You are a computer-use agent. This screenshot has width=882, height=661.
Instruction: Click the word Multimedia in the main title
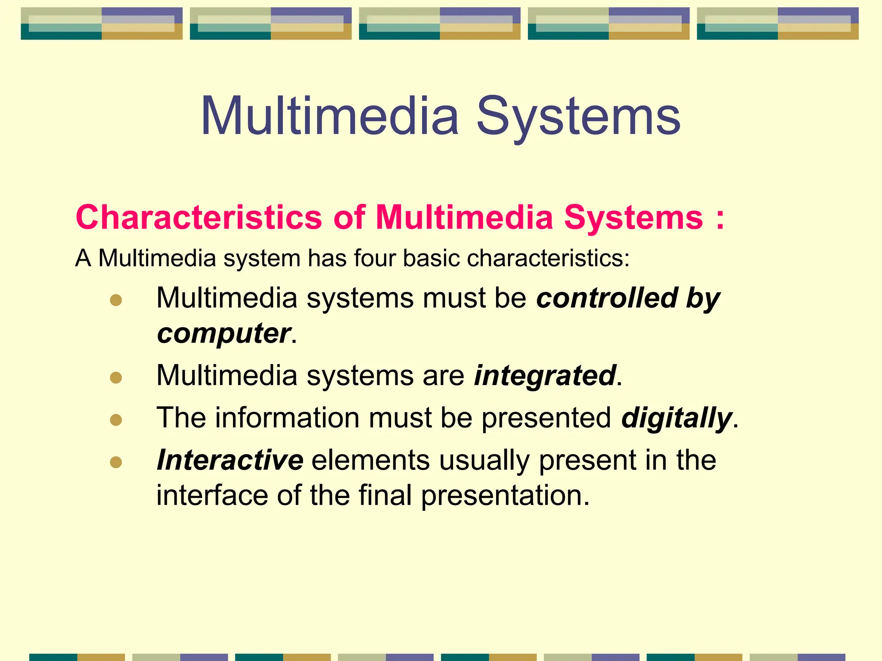tap(329, 116)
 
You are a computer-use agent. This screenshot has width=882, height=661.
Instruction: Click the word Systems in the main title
tap(578, 116)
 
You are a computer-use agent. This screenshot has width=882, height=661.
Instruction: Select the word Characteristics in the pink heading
tap(199, 217)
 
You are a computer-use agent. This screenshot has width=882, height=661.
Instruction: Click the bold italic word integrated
tap(545, 375)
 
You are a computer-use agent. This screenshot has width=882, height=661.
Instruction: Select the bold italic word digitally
tap(677, 417)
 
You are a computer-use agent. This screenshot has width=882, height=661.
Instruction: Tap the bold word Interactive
tap(230, 460)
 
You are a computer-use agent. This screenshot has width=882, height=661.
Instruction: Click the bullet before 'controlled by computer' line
tap(116, 300)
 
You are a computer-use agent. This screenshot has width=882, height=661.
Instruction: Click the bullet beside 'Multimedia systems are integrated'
tap(116, 378)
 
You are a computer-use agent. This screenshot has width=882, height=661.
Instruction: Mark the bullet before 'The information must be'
tap(116, 420)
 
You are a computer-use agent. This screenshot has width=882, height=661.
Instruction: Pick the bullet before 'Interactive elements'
tap(116, 462)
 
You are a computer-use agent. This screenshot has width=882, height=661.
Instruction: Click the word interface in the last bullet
tap(212, 495)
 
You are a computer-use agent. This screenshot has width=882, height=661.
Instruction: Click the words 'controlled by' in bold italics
tap(628, 298)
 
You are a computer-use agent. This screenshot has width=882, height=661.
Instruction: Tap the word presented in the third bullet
tap(546, 417)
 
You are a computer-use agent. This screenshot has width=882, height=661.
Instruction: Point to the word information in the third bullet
tap(287, 417)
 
